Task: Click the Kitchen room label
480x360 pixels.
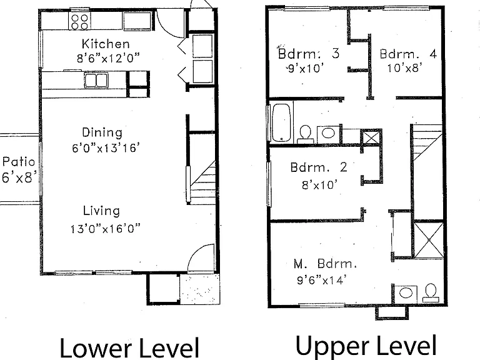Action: tap(106, 44)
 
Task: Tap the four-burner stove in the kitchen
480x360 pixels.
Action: tap(79, 22)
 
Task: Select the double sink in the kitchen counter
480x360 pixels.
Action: tap(96, 80)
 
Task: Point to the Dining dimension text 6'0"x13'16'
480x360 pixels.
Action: tap(106, 148)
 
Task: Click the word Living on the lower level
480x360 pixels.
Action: tap(101, 211)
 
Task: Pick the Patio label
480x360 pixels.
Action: tap(19, 161)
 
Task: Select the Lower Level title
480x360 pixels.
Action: tap(129, 347)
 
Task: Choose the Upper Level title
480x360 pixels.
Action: tap(366, 346)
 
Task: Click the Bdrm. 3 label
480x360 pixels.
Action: tap(309, 54)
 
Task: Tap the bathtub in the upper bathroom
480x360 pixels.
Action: tap(281, 122)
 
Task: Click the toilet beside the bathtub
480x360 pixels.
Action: tap(305, 134)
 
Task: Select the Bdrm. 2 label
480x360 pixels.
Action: tap(319, 167)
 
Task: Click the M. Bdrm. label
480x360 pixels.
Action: tap(325, 264)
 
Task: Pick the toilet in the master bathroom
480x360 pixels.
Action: tap(431, 293)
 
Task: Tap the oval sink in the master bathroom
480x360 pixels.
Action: tap(406, 293)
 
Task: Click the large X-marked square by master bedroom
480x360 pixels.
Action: tap(428, 240)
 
